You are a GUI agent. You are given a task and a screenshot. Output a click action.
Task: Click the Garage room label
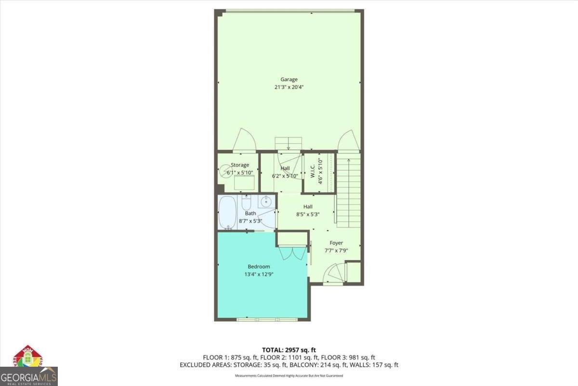(x=289, y=80)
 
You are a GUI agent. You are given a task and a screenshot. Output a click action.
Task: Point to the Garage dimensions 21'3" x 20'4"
(x=289, y=87)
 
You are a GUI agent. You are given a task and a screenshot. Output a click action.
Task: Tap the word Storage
(x=240, y=165)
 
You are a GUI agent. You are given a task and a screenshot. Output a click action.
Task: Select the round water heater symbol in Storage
(x=226, y=170)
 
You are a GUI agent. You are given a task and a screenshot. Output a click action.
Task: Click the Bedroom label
(x=259, y=266)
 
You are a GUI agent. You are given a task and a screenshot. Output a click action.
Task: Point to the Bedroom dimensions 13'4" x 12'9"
(x=259, y=274)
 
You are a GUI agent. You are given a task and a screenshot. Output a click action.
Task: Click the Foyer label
(x=336, y=243)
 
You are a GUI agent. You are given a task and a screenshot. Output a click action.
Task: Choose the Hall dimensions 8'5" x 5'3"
(x=308, y=214)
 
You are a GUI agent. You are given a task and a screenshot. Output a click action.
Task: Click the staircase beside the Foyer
(x=348, y=193)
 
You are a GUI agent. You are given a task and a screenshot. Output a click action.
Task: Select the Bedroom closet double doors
(x=291, y=253)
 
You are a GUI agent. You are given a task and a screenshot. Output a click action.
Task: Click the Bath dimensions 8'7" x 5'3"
(x=250, y=221)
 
